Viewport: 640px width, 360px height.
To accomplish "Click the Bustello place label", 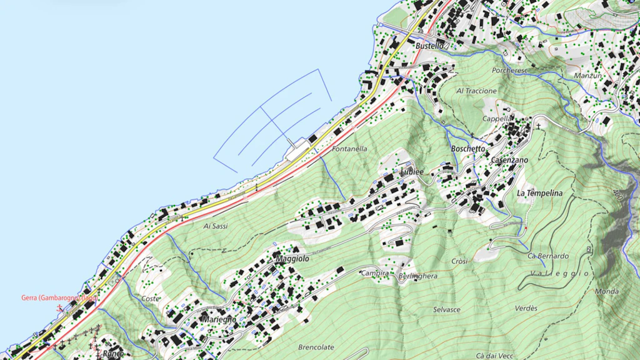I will click(x=429, y=46).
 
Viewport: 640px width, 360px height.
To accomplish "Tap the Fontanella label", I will click(x=349, y=149).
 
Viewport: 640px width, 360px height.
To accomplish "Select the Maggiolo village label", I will click(x=292, y=258).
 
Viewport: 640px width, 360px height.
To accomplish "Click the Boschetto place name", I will click(x=467, y=149).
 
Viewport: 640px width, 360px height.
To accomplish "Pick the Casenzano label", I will click(x=509, y=160).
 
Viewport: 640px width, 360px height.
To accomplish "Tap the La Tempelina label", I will click(x=539, y=193).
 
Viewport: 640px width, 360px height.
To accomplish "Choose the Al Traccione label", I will click(x=476, y=91).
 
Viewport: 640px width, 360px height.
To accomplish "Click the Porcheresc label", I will click(x=509, y=71).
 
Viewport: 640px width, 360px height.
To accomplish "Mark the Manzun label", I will click(x=588, y=76).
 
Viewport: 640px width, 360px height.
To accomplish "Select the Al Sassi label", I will click(x=215, y=226).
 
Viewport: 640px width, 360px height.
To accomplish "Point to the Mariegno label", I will click(x=219, y=319).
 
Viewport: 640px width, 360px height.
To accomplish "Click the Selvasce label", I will click(x=446, y=309).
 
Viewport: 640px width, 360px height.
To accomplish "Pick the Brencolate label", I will click(x=316, y=347).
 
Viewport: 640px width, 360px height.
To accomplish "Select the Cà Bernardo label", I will click(x=548, y=256).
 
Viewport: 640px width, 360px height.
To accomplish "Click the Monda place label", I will click(x=607, y=291).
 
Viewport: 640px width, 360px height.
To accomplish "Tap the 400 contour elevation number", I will click(x=619, y=196).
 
